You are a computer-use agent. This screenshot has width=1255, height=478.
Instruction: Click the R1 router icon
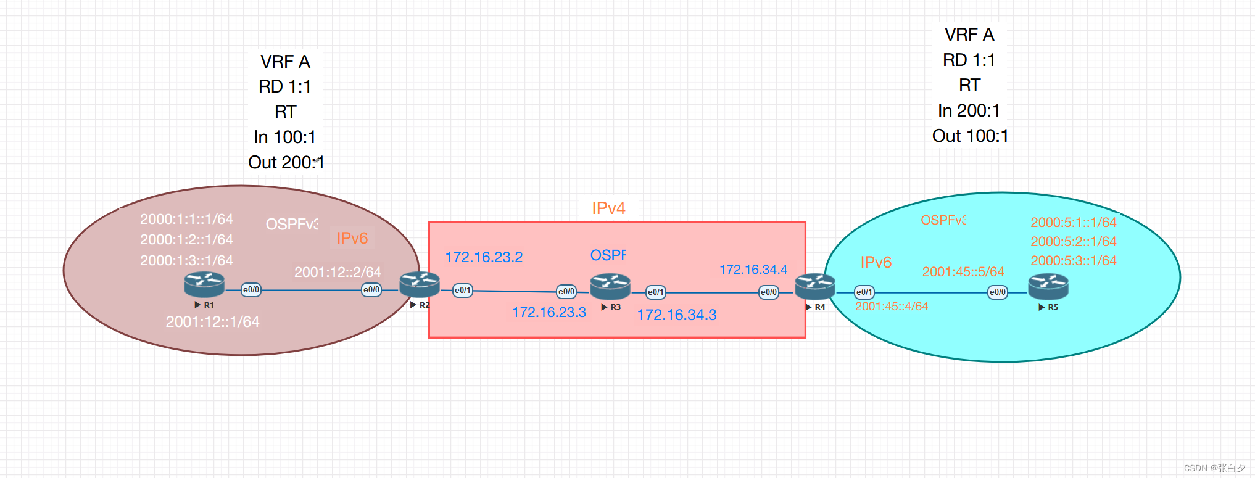click(x=204, y=285)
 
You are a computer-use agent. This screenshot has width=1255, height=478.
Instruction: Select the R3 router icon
click(x=610, y=287)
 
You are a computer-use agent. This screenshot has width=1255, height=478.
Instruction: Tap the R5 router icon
click(x=1048, y=287)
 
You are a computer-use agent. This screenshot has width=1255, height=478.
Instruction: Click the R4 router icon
click(x=814, y=287)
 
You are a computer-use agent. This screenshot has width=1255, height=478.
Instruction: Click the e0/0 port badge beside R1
click(x=251, y=289)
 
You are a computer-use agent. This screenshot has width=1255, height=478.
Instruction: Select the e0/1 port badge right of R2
click(x=463, y=290)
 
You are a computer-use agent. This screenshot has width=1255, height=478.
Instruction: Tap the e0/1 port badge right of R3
click(x=655, y=292)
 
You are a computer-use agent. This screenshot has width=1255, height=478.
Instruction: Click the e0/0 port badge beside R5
click(x=997, y=292)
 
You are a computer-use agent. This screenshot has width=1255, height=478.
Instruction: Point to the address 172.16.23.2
click(x=484, y=257)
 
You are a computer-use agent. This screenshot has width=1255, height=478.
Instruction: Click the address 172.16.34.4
click(x=753, y=270)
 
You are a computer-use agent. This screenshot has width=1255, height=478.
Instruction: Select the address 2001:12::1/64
click(x=212, y=321)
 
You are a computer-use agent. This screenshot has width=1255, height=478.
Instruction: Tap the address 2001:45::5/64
click(x=963, y=271)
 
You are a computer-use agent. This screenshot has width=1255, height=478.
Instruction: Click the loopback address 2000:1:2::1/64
click(x=186, y=239)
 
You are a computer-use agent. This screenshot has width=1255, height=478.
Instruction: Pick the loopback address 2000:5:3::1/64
click(x=1073, y=260)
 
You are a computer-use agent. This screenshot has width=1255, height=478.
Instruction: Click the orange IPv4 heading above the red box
click(x=608, y=208)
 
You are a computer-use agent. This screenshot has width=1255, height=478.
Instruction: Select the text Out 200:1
click(x=286, y=162)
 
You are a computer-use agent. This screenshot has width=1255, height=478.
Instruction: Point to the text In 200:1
click(x=969, y=110)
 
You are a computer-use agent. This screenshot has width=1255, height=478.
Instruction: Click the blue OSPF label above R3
click(x=608, y=255)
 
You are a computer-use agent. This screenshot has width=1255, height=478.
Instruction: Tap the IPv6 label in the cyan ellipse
click(x=876, y=262)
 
